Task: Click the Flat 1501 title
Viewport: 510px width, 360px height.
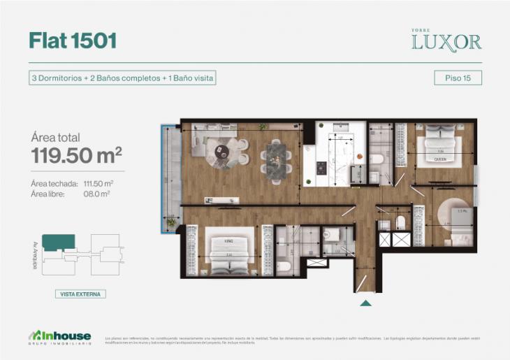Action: (x=73, y=41)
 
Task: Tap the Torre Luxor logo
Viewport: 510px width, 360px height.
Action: (x=446, y=41)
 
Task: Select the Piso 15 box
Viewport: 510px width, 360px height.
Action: (x=458, y=78)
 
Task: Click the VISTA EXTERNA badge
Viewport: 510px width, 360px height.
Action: (x=80, y=294)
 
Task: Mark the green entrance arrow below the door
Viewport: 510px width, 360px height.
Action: (x=365, y=303)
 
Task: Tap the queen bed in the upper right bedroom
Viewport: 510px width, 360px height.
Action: (x=440, y=147)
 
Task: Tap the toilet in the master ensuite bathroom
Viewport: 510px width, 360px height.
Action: (x=284, y=266)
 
